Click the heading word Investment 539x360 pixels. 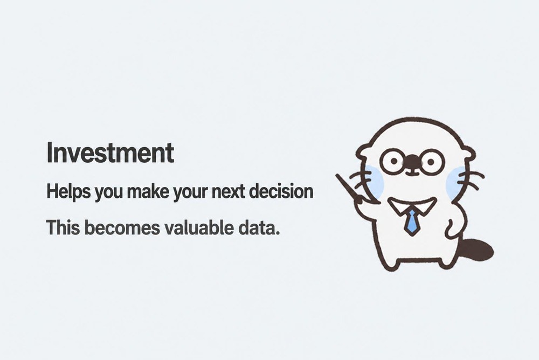tap(110, 153)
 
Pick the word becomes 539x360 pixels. tap(122, 227)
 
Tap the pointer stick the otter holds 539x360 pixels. tap(353, 190)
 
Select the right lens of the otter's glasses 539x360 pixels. tap(432, 161)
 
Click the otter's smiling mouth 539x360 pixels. tap(412, 171)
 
